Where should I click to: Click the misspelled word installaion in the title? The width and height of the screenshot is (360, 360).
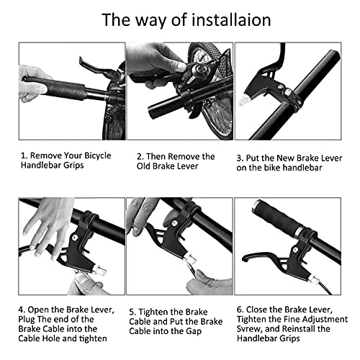(x=231, y=19)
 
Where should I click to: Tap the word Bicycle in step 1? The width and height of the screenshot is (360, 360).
(x=98, y=156)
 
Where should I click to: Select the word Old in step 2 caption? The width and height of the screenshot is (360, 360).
(x=143, y=166)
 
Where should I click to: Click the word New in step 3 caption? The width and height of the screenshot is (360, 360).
(x=286, y=158)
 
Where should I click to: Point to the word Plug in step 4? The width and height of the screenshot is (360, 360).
(x=26, y=320)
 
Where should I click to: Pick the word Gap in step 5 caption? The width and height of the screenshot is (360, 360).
(x=194, y=332)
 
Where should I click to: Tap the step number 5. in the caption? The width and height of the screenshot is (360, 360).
(x=132, y=312)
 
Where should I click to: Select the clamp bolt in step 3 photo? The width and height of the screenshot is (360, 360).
(x=287, y=91)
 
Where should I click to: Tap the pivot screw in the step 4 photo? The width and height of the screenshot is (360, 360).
(x=75, y=238)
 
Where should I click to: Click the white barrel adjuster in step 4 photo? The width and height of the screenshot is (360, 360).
(x=100, y=269)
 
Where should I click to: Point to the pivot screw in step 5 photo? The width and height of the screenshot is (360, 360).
(x=175, y=223)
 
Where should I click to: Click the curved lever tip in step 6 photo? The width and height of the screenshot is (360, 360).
(x=246, y=258)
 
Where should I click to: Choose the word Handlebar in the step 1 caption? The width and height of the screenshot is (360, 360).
(x=41, y=166)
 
